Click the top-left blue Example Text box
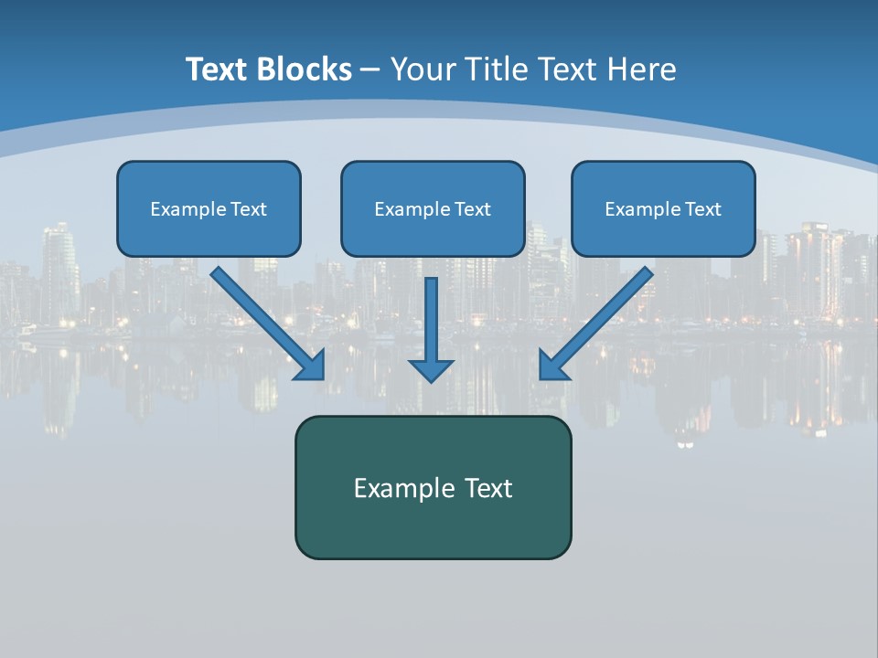click(x=209, y=208)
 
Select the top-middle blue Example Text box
click(x=433, y=208)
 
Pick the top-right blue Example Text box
click(x=663, y=208)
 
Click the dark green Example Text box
click(x=433, y=487)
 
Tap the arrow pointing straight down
click(x=431, y=329)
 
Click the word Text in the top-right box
click(x=702, y=209)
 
